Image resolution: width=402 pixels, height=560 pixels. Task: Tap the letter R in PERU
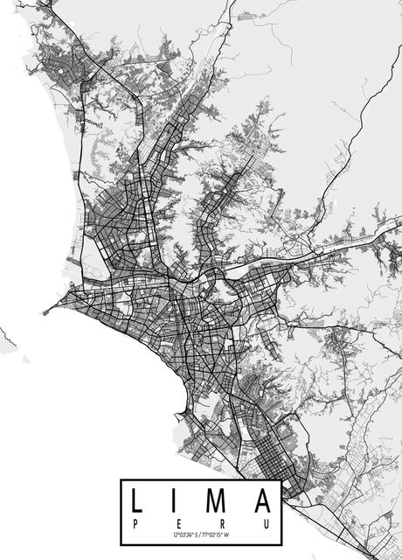[x=220, y=521]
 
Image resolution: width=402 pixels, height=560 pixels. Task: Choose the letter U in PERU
[x=265, y=521]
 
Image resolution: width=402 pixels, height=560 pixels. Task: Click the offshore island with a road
[x=4, y=336]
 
